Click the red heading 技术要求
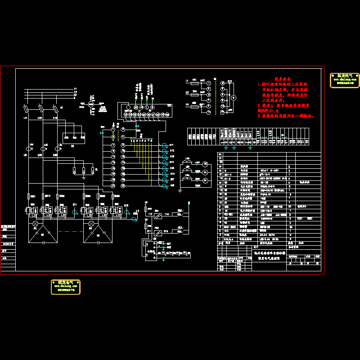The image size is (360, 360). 283,78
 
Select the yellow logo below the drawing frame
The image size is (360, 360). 66,287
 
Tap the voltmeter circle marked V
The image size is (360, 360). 233,96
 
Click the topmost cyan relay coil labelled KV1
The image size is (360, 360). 165,145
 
